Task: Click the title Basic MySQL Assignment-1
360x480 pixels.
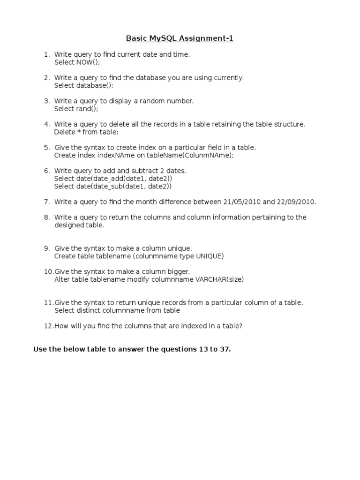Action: [180, 38]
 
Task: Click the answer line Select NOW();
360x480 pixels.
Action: [77, 62]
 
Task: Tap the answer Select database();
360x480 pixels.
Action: [84, 85]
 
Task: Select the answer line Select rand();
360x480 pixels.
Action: [76, 109]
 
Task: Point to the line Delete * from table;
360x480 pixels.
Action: [87, 132]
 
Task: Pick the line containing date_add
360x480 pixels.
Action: [113, 179]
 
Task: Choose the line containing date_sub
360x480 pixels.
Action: [113, 187]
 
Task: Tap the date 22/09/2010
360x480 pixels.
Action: [296, 202]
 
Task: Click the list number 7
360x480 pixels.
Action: [47, 202]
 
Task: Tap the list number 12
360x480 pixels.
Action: [48, 326]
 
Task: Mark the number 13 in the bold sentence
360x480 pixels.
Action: [202, 350]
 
